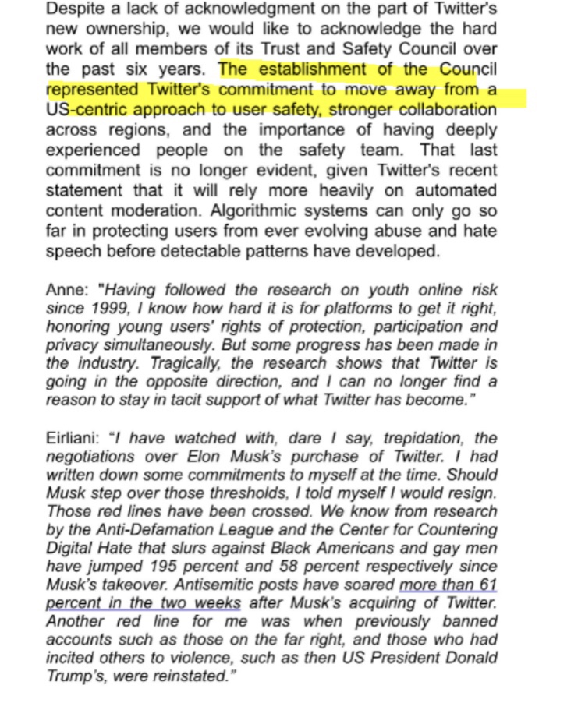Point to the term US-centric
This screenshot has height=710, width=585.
click(x=86, y=109)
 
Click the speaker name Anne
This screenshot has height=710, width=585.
click(x=63, y=290)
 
